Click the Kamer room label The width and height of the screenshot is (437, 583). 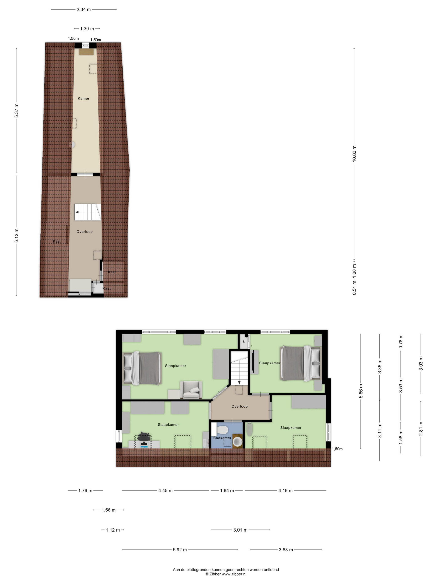pos(83,98)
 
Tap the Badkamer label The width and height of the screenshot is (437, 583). pos(222,438)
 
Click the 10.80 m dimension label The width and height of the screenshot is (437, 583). pos(354,153)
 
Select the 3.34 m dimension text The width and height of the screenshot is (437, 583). pos(84,10)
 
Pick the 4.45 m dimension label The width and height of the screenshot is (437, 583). pos(165,491)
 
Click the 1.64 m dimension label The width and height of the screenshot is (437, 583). pos(227,491)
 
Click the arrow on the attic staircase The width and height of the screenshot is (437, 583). pos(77,212)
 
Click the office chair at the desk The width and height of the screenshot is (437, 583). pos(144,436)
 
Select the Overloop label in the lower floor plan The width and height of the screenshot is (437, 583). pos(240,406)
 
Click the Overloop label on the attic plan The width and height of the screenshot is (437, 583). pos(84,232)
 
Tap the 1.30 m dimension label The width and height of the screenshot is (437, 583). pos(87,29)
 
